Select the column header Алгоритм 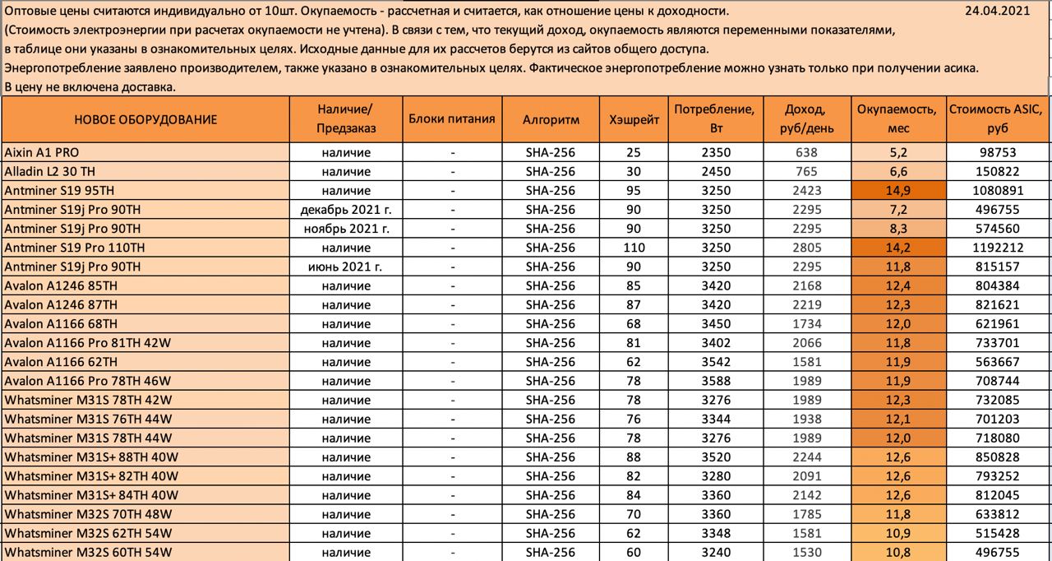pyautogui.click(x=551, y=119)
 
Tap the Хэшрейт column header pyautogui.click(x=634, y=119)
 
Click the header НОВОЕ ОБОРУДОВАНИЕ pyautogui.click(x=145, y=119)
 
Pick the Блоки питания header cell pyautogui.click(x=451, y=118)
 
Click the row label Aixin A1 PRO pyautogui.click(x=42, y=152)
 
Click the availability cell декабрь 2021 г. pyautogui.click(x=345, y=210)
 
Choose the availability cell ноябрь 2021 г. pyautogui.click(x=345, y=229)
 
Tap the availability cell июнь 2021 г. pyautogui.click(x=345, y=267)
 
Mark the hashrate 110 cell pyautogui.click(x=634, y=248)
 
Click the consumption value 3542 pyautogui.click(x=715, y=362)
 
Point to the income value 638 pyautogui.click(x=807, y=152)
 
